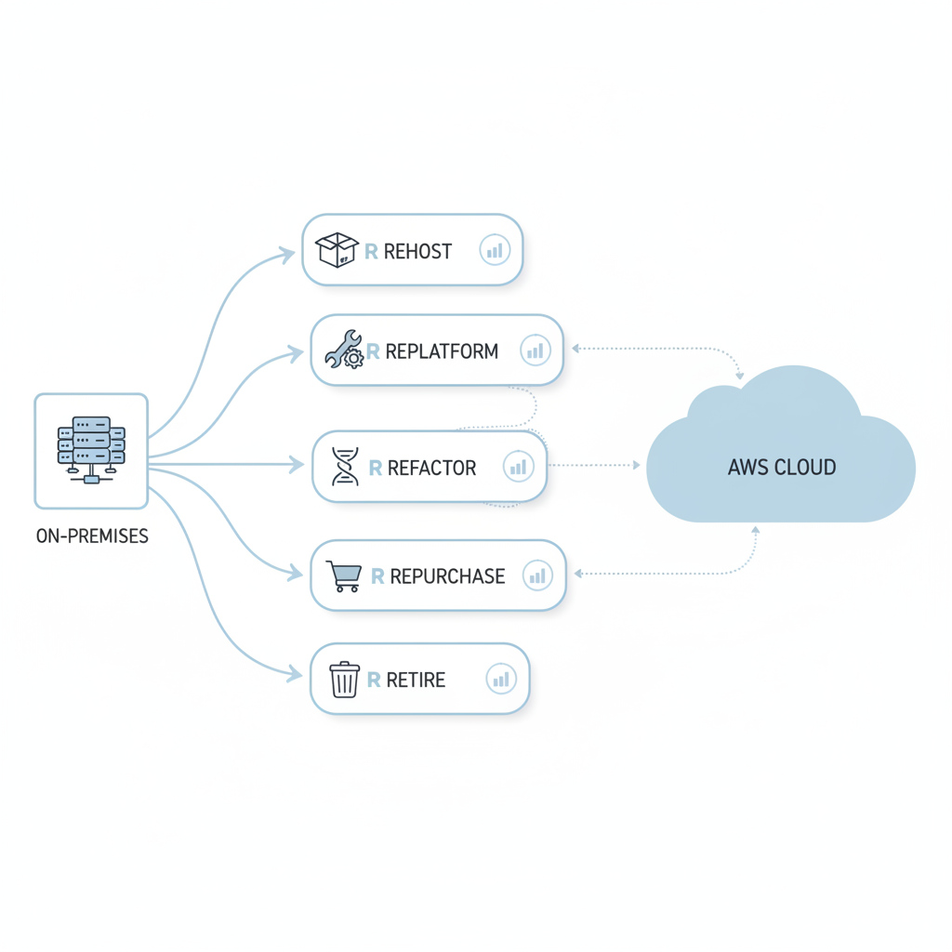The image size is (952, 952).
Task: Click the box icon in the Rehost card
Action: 337,250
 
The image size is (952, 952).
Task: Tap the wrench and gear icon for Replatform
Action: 344,350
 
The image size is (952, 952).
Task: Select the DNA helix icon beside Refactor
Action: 346,467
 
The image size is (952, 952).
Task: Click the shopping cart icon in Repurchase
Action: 344,575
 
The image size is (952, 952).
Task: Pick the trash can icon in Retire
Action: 344,680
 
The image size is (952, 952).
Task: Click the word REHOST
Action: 417,251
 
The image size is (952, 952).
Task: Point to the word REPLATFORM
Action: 442,351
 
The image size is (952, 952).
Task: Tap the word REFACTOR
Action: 431,468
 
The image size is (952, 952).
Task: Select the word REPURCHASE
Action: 447,576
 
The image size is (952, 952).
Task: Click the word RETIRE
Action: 416,681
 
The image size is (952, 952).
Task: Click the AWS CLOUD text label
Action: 782,467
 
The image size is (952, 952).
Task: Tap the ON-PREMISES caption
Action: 92,536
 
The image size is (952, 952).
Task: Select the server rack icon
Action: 91,450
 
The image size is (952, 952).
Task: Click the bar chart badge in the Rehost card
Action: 495,250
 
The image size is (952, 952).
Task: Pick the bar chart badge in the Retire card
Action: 501,680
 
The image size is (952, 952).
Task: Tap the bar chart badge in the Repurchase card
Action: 537,576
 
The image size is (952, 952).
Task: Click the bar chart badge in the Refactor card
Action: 518,467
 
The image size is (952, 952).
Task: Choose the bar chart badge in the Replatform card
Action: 535,350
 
